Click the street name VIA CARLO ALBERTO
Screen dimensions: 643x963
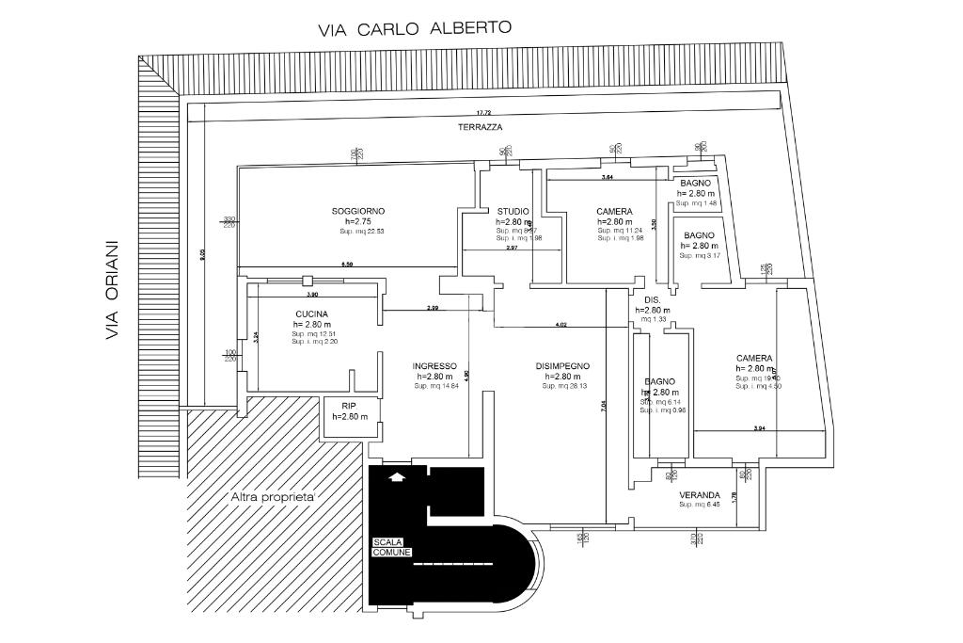pos(415,27)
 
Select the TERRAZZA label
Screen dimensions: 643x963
pos(480,126)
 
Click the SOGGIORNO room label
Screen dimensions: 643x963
pos(357,211)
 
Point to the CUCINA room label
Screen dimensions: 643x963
pos(311,313)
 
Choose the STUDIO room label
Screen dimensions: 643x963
pos(513,211)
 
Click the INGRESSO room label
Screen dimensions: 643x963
pos(434,366)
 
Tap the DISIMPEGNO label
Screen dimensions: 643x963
pos(562,366)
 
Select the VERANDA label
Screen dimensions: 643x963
pos(700,495)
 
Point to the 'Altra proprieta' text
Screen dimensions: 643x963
pos(273,496)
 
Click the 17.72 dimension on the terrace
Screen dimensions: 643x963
pos(483,113)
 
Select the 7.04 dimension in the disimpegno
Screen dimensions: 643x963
pos(603,406)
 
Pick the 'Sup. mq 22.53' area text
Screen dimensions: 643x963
pos(362,232)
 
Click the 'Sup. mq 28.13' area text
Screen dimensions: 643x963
pos(564,386)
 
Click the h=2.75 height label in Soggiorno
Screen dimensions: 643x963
pos(357,221)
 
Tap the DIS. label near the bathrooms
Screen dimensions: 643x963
pos(653,299)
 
